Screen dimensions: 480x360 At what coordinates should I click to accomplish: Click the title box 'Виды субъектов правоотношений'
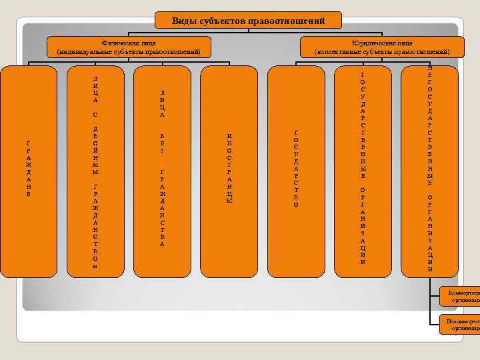(248, 21)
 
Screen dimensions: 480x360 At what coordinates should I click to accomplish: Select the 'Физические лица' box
(129, 47)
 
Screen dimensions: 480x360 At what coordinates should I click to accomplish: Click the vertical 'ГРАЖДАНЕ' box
(28, 170)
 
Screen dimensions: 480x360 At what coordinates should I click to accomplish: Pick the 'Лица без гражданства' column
(162, 170)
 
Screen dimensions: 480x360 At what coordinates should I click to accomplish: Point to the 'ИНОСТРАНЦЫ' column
(229, 170)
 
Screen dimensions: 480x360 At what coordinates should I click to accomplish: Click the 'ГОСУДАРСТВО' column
(295, 170)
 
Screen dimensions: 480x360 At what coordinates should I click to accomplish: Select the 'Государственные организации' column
(362, 170)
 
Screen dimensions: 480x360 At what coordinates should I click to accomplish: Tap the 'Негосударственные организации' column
(429, 170)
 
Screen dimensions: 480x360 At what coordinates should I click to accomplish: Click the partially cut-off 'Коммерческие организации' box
(460, 296)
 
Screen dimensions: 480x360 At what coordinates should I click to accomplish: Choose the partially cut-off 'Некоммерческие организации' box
(460, 325)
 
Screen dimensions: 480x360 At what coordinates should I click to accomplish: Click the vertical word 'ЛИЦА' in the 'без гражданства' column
(162, 103)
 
